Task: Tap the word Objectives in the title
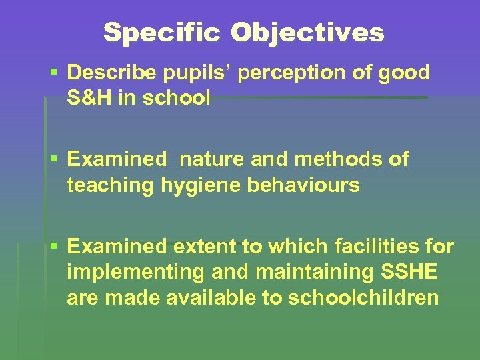[308, 32]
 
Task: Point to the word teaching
[111, 185]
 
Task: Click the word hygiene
[201, 185]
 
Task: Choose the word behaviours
[303, 185]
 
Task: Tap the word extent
[204, 247]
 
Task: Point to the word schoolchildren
[363, 298]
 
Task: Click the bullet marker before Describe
[53, 72]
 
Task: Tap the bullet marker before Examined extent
[53, 246]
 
